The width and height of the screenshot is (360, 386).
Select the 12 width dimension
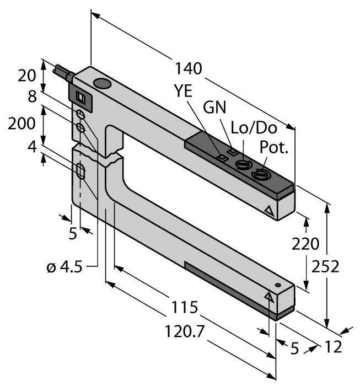tap(333, 347)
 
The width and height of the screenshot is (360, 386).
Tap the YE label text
tap(182, 92)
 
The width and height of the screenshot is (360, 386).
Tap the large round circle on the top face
tap(102, 84)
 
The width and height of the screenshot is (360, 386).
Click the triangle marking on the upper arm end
tap(269, 211)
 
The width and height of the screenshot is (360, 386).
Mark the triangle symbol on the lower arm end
tap(270, 297)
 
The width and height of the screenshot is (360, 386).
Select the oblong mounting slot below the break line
tap(80, 171)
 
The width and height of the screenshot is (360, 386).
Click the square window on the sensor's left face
tap(80, 98)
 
